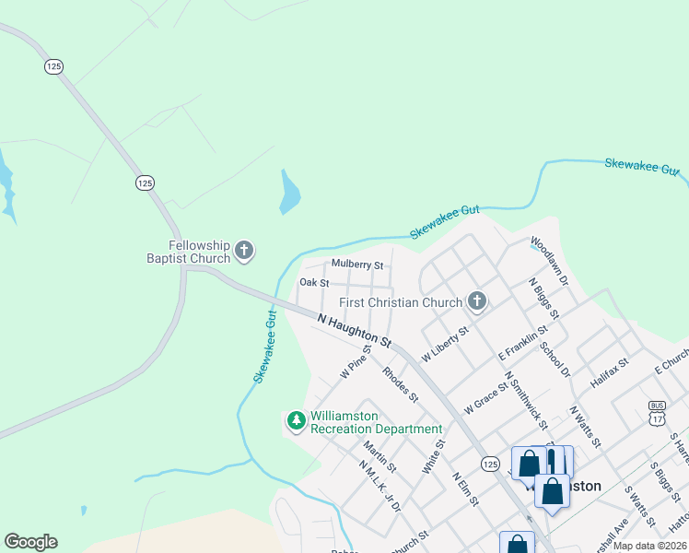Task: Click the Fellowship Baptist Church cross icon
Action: [x=244, y=249]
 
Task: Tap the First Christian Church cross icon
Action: [x=476, y=300]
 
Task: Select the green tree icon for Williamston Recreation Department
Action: [x=297, y=421]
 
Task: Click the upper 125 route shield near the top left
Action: [x=53, y=66]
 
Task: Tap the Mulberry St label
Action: [x=356, y=265]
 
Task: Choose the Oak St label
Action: [x=313, y=283]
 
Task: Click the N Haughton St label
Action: [x=355, y=331]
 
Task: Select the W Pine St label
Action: [x=355, y=361]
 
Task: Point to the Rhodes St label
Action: [x=401, y=385]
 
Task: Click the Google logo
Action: [x=30, y=542]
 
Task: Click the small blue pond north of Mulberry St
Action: [x=289, y=193]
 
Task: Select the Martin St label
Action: [x=379, y=457]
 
